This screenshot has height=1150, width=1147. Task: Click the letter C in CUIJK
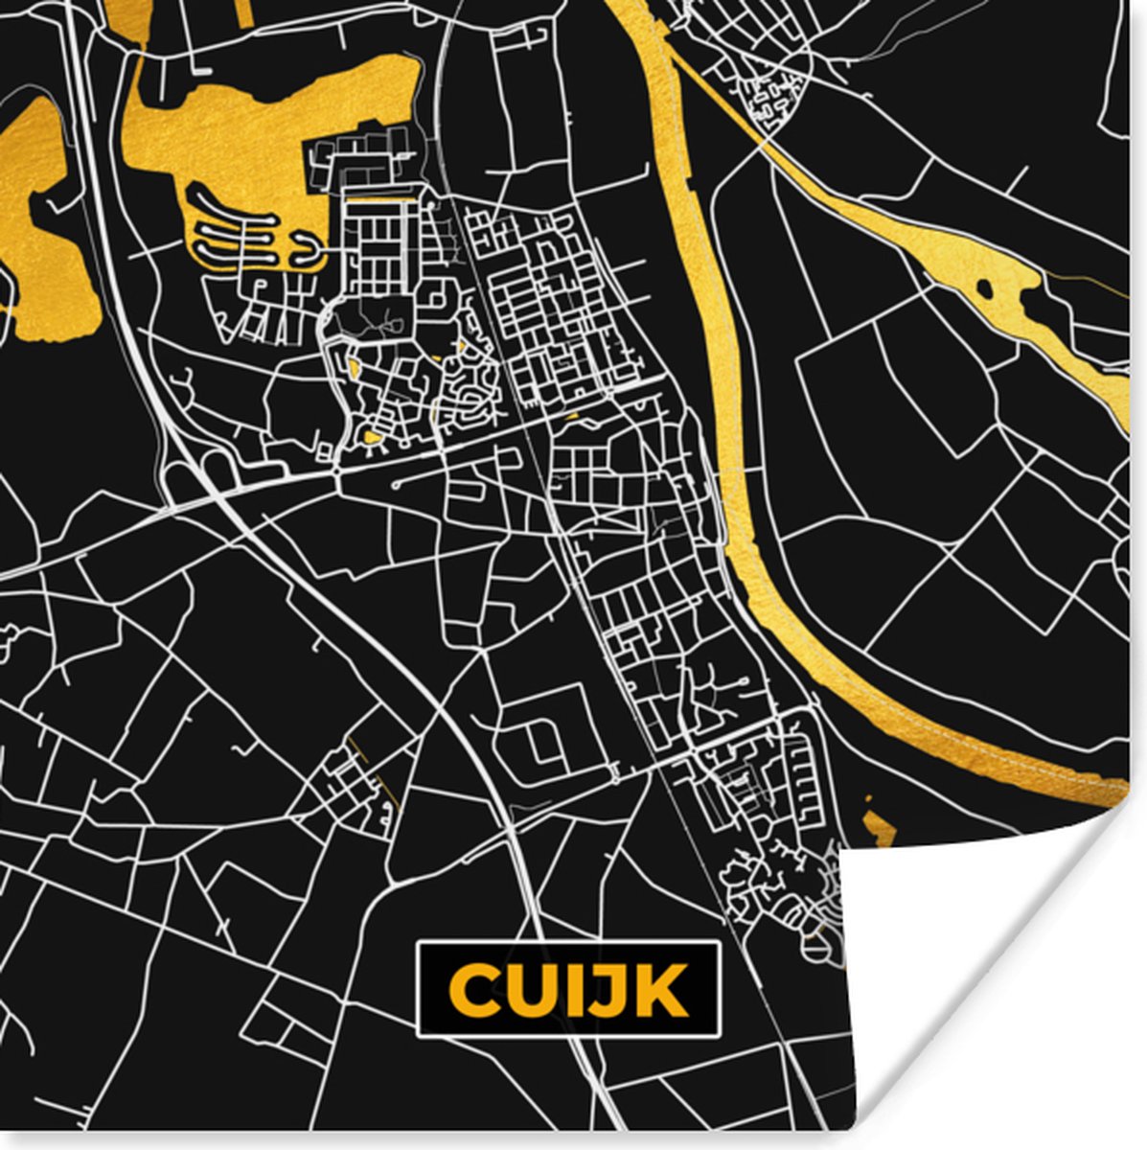click(x=470, y=989)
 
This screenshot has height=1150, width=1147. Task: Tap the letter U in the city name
click(x=526, y=989)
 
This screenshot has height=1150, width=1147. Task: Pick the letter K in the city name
click(x=657, y=989)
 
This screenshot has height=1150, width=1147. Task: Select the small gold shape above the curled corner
click(x=879, y=824)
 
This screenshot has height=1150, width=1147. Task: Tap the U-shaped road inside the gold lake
click(x=307, y=251)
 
